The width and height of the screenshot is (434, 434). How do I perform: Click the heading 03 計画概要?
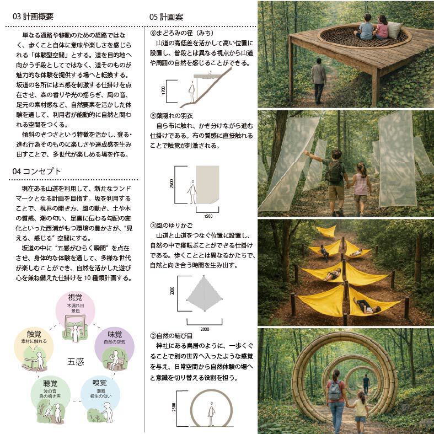click(x=33, y=17)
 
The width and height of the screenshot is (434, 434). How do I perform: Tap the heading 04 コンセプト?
click(x=36, y=171)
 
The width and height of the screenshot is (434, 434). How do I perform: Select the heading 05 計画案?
click(x=166, y=17)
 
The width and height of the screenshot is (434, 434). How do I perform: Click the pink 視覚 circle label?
click(x=75, y=297)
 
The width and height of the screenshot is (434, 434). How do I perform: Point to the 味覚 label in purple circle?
click(x=115, y=334)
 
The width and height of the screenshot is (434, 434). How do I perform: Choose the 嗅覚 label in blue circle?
click(x=100, y=383)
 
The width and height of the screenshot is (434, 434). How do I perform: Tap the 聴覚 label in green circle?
click(x=50, y=383)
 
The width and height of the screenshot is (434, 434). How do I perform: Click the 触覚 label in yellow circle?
click(x=34, y=334)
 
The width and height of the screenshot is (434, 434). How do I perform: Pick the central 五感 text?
click(x=76, y=362)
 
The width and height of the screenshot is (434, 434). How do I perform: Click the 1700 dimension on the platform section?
click(x=164, y=90)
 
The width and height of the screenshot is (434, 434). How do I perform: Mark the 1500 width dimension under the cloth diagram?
click(x=208, y=216)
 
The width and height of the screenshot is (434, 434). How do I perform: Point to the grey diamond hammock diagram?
click(x=204, y=293)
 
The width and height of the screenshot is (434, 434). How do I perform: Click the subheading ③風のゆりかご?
click(x=172, y=226)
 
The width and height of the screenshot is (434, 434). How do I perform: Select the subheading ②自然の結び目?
click(x=172, y=336)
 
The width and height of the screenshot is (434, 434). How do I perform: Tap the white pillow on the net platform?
click(x=394, y=30)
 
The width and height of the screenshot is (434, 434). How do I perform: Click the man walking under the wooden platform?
click(x=319, y=81)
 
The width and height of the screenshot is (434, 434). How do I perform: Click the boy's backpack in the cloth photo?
click(x=334, y=172)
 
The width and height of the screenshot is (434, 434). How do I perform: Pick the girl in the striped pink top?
click(x=360, y=188)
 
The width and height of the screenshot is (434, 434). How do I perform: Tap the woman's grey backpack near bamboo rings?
click(x=335, y=391)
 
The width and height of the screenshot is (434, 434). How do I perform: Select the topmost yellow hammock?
click(x=327, y=231)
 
